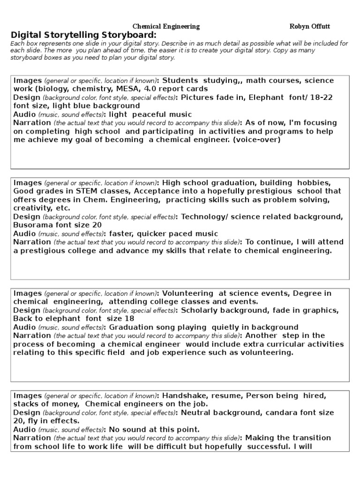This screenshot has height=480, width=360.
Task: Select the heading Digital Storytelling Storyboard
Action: coord(83,35)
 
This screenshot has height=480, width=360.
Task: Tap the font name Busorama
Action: coord(32,225)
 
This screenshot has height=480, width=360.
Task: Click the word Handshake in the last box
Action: coord(182,396)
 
